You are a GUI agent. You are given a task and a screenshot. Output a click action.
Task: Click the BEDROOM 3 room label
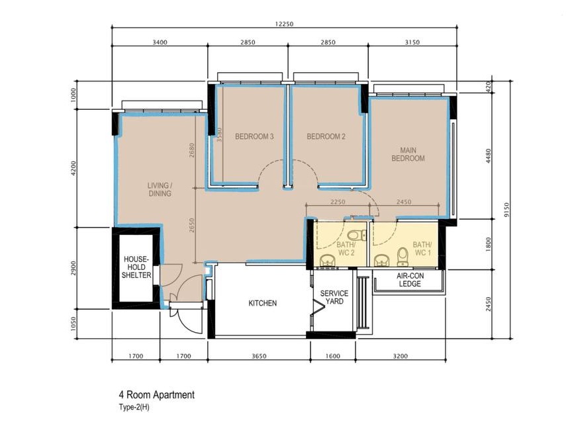click(x=254, y=137)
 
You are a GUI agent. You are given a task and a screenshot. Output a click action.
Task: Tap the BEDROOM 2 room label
click(x=326, y=137)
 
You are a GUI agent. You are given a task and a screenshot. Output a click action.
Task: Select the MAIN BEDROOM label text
click(x=408, y=154)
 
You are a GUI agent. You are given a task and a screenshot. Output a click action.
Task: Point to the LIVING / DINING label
click(x=160, y=190)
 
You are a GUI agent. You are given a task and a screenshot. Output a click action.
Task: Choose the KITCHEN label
click(x=262, y=303)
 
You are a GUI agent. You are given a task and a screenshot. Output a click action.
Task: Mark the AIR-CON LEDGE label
click(x=410, y=280)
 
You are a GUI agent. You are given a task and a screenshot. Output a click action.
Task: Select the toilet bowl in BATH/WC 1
click(x=401, y=254)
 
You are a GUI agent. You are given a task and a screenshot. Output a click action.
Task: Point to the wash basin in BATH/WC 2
click(x=326, y=261)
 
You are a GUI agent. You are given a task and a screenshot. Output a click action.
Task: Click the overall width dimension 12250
click(x=284, y=24)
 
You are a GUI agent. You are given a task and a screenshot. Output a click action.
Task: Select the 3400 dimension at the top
click(x=160, y=42)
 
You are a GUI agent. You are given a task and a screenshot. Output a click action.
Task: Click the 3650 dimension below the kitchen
click(x=259, y=356)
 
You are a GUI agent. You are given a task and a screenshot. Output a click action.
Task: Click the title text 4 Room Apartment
click(x=152, y=395)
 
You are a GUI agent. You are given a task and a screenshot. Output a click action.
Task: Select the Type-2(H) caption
click(x=130, y=408)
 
